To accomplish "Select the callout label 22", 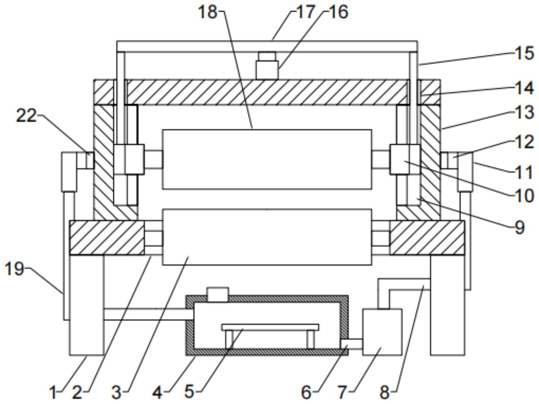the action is coord(26,116).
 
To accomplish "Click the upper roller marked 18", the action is coord(267,159).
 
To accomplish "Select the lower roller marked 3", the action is coord(267,237).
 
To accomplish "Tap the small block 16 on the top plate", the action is coord(267,66).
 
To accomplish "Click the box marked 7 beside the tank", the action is coord(382,332).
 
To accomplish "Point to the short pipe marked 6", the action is coord(352,344).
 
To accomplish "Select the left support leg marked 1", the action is coord(86,305).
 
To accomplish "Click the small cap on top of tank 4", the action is coord(218,294).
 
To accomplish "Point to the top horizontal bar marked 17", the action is coord(267,46).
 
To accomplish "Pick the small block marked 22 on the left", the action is coord(89,160).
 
